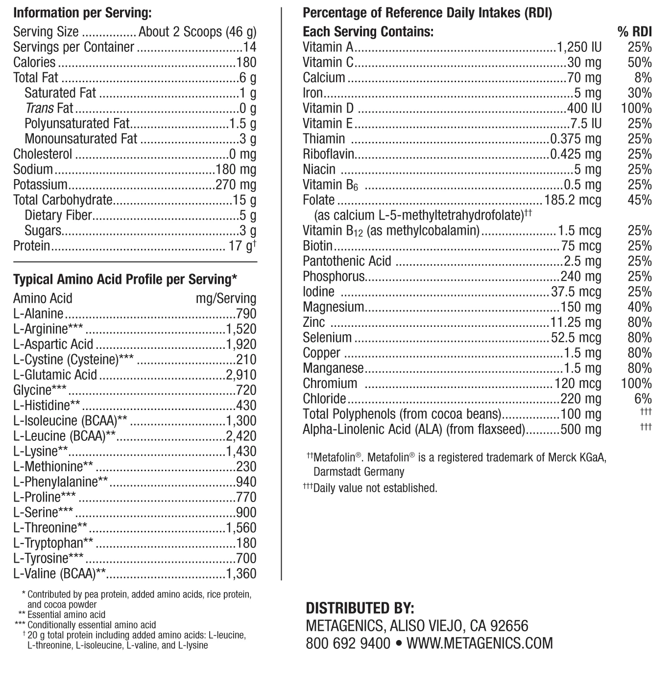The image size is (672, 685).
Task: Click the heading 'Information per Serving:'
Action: point(82,13)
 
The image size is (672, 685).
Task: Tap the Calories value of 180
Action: point(245,63)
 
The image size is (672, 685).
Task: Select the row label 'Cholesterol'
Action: point(43,154)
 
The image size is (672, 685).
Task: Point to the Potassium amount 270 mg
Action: point(236,185)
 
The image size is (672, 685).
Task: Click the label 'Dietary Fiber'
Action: point(58,215)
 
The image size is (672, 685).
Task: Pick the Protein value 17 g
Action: point(241,246)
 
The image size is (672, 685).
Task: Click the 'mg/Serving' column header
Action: point(226,298)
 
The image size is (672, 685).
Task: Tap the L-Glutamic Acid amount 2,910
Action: point(241,375)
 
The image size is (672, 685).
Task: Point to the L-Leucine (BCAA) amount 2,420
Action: point(241,436)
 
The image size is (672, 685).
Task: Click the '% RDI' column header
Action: point(635,32)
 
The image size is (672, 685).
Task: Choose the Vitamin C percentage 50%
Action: point(640,63)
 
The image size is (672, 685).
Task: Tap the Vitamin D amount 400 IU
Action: point(584,108)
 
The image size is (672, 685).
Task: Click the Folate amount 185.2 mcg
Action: point(573,200)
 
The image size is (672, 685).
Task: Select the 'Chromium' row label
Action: point(330,384)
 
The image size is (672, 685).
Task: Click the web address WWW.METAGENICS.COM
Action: point(480,643)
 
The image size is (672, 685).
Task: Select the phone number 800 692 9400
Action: point(348,643)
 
